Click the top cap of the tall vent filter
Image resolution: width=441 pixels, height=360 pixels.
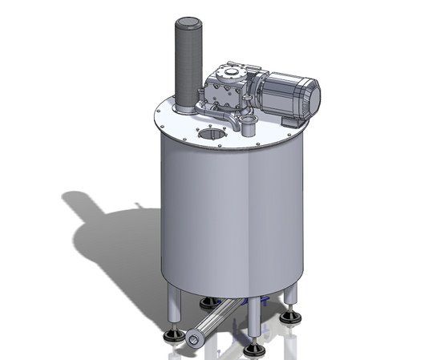187,24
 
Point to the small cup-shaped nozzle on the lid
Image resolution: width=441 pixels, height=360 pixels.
249,126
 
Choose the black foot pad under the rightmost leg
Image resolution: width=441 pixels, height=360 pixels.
292,318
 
